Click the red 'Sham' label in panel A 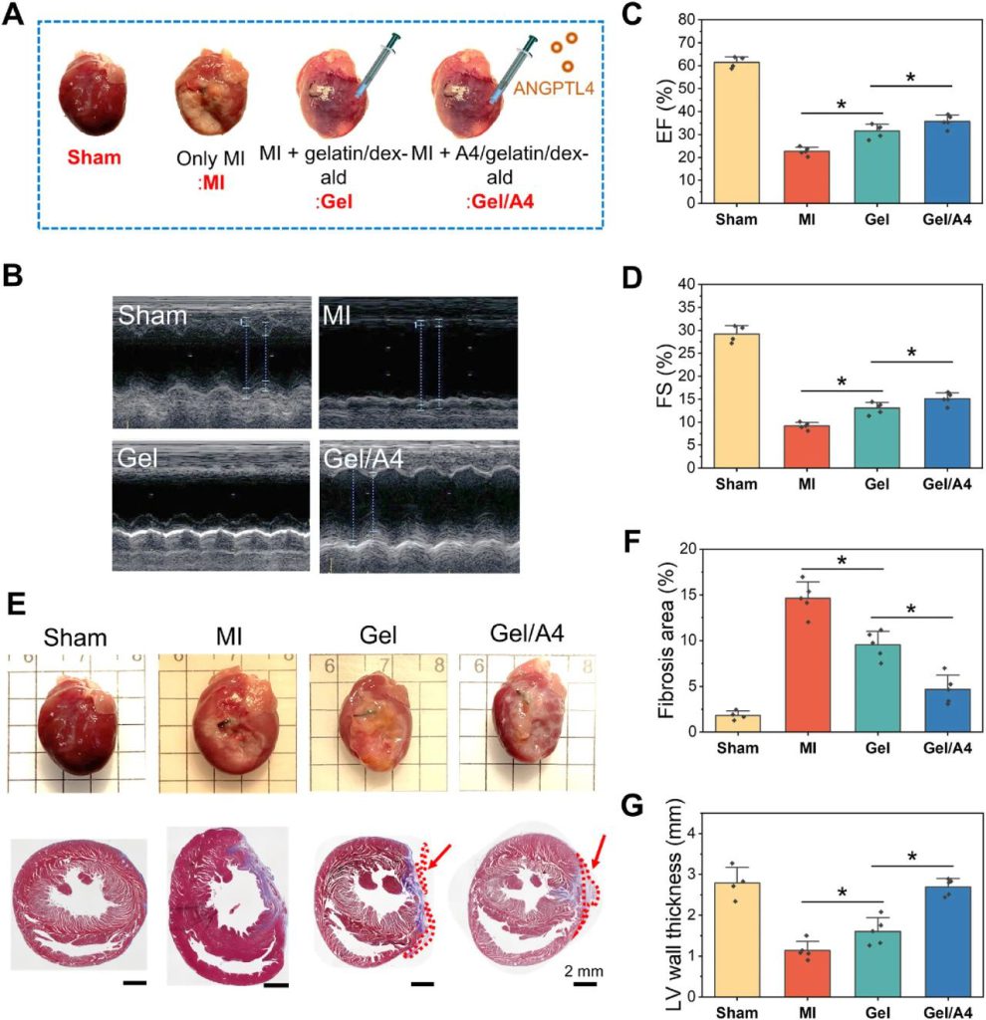(x=90, y=157)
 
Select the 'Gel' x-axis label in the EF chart (x=874, y=221)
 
